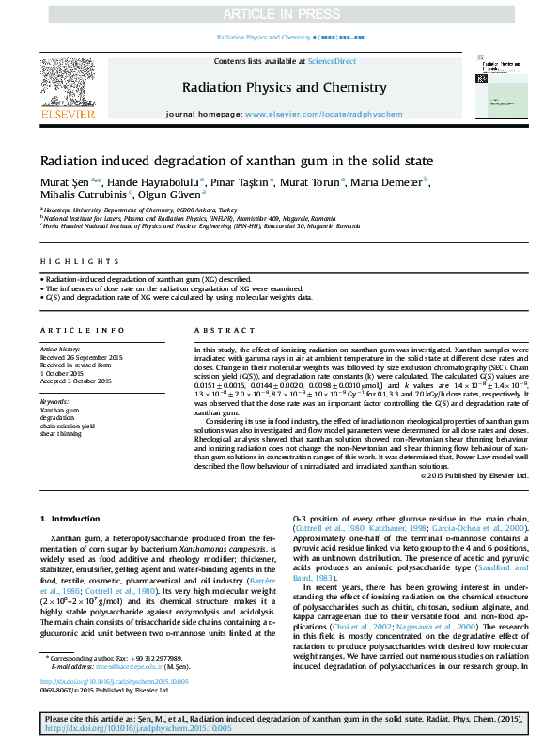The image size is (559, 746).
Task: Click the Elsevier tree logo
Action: (67, 87)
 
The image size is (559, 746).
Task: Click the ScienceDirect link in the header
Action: (333, 60)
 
